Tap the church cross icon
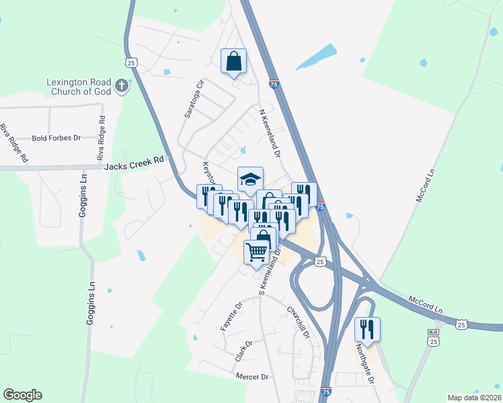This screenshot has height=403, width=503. coord(121,85)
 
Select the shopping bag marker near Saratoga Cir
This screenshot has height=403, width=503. coord(233,61)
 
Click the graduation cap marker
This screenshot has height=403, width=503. coord(250,179)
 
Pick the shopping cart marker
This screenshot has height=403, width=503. coord(256,253)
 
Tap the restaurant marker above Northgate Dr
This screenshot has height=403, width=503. coord(367,329)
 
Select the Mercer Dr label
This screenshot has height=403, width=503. coord(252,377)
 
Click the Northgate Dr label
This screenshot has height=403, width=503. coord(364,365)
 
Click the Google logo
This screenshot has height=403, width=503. coord(22,395)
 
